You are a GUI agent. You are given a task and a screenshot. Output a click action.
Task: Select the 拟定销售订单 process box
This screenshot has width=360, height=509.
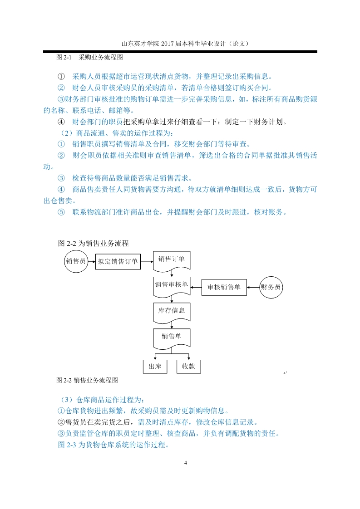click(118, 262)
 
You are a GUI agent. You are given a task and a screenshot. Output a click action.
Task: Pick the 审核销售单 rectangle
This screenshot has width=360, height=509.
click(224, 287)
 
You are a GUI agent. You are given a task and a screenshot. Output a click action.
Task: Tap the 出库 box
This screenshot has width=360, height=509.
click(155, 367)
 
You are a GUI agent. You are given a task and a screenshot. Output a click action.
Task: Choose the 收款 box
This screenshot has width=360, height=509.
click(188, 367)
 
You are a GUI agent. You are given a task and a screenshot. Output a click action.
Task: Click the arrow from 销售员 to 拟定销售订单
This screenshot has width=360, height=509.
click(92, 262)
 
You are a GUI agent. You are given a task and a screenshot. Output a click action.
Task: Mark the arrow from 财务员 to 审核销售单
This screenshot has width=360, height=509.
click(253, 287)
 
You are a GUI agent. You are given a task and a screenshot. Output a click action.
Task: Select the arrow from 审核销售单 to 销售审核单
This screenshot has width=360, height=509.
click(196, 287)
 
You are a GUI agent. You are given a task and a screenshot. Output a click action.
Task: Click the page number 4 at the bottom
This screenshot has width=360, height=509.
click(186, 463)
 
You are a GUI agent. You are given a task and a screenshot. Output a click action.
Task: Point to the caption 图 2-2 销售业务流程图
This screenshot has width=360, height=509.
click(87, 380)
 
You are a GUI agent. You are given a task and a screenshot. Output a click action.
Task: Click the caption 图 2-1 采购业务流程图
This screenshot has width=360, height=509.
click(90, 58)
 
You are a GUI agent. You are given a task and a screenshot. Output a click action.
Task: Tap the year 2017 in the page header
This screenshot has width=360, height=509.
click(168, 44)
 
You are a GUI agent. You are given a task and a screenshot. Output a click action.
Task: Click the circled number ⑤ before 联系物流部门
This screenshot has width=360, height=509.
click(61, 212)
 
